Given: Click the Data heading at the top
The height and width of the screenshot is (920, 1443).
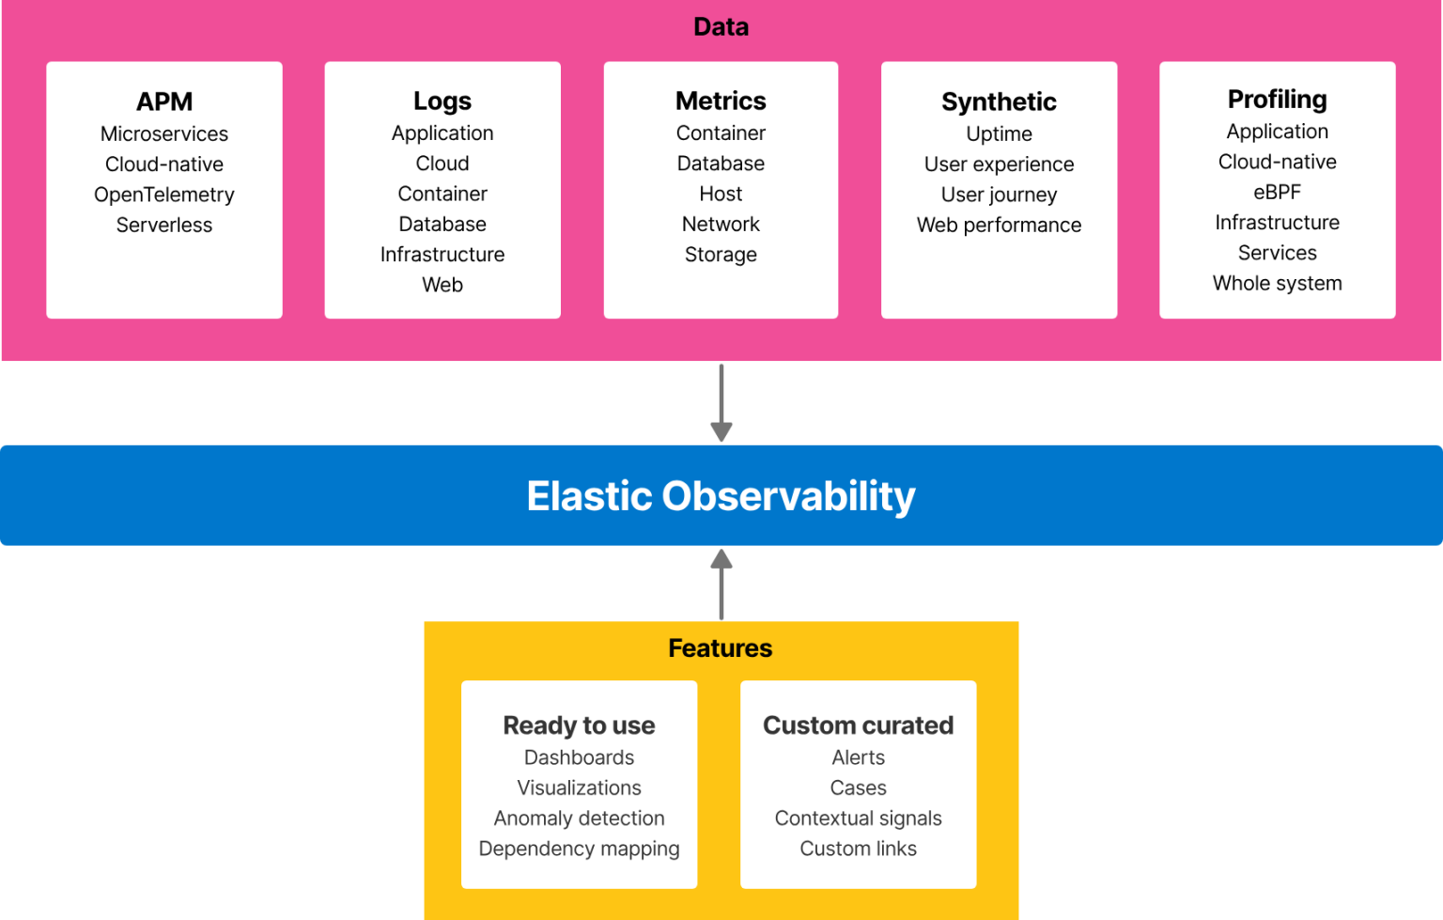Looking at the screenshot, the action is (721, 27).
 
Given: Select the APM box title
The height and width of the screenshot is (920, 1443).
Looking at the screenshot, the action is (164, 101).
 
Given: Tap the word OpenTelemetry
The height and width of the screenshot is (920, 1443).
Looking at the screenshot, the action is (164, 195).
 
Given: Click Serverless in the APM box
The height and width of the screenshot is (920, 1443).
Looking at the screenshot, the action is (164, 225).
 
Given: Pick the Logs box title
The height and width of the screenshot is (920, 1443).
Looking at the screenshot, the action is (442, 101).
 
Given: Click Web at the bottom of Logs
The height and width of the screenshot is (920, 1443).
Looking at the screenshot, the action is (442, 285).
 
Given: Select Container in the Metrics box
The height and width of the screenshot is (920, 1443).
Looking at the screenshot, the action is (721, 133).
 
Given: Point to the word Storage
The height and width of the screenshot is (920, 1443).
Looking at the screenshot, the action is (721, 255).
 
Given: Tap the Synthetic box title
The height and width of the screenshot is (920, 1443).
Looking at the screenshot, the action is (1000, 101).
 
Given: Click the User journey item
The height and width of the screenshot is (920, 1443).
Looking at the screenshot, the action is (1000, 195).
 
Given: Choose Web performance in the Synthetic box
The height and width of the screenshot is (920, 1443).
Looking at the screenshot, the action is (1000, 226).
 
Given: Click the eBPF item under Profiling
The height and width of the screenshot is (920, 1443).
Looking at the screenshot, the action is (1278, 192).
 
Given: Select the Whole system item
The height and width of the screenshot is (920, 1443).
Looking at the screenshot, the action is (1278, 284).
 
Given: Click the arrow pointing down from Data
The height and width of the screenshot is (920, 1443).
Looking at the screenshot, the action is (721, 402).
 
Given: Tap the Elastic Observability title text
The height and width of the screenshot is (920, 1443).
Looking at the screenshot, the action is (721, 496).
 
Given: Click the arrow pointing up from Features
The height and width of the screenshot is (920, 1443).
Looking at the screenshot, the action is (721, 585).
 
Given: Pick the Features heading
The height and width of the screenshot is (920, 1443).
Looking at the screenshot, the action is (721, 648).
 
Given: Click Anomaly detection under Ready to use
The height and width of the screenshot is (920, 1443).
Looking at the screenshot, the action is (579, 819).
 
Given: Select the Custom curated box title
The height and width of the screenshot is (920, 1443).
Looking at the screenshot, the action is (858, 725).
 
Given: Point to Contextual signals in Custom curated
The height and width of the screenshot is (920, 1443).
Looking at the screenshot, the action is (858, 819).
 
